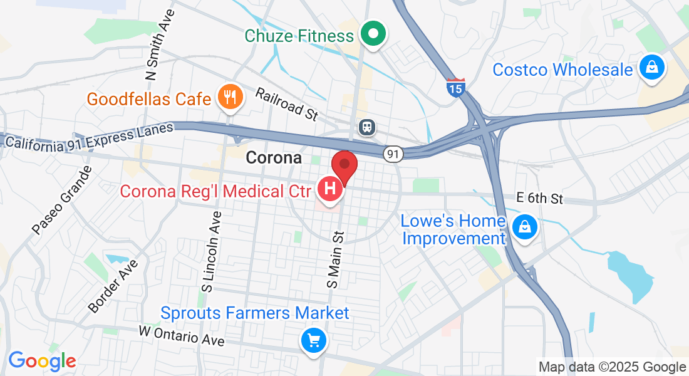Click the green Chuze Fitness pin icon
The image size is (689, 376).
(x=374, y=34)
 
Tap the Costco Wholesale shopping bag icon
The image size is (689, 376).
(x=651, y=68)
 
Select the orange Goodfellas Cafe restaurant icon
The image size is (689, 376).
(x=230, y=97)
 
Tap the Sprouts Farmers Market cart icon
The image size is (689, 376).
(x=313, y=340)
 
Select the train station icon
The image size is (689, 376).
(x=366, y=127)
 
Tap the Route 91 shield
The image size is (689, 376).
(x=393, y=154)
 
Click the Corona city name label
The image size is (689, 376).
(x=274, y=157)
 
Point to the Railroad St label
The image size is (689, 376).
(x=288, y=103)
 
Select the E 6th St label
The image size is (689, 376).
(x=540, y=199)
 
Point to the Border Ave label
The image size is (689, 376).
(x=113, y=285)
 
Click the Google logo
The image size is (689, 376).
(x=42, y=361)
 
